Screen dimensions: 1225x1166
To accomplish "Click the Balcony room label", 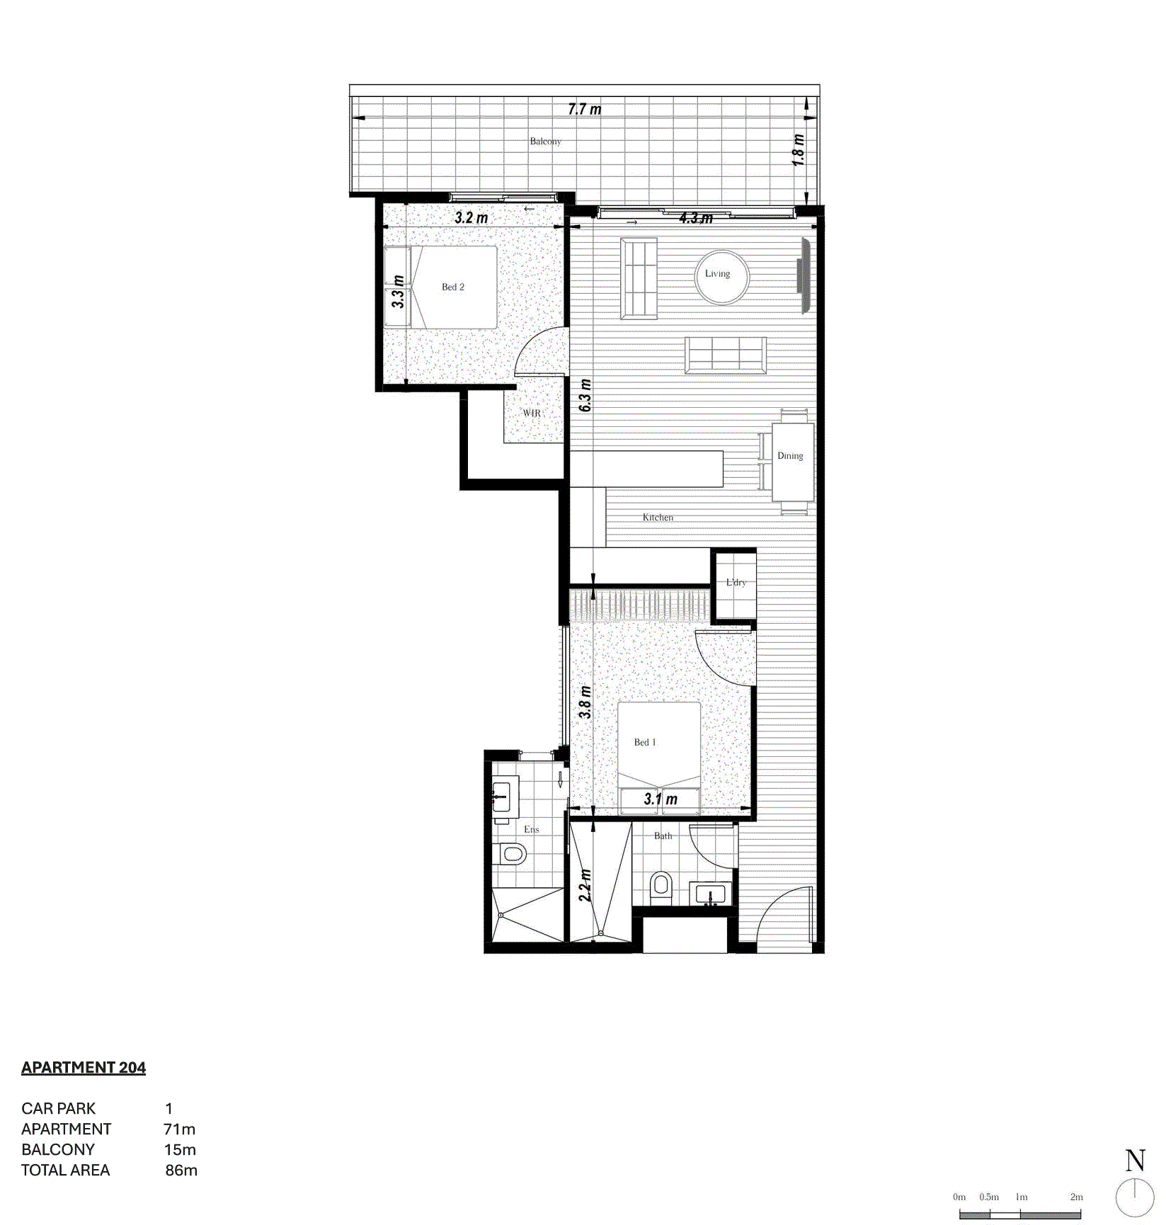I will coord(545,141).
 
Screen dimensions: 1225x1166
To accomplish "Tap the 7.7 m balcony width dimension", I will coord(584,109).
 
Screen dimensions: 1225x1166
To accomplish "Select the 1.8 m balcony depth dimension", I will coord(798,150).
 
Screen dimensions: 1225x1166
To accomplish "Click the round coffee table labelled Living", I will coord(721,277).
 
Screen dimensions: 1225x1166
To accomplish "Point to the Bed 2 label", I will coord(453,287).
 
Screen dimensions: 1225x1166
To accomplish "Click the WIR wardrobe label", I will coord(532,413).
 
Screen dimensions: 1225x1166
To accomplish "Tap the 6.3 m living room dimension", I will coord(585,396).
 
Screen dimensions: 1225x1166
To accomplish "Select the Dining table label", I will coord(790,456).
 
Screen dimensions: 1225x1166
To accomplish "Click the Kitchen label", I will coord(658,518).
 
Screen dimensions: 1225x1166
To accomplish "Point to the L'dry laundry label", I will coord(736,583).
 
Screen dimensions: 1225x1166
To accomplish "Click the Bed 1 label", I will coord(645,742).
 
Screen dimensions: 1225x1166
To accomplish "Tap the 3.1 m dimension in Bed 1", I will coord(661,799).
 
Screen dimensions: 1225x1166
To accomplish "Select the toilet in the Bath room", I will coord(661,885).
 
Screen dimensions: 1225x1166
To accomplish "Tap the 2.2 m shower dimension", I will coord(585,884).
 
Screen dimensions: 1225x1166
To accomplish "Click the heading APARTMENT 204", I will coord(84,1067).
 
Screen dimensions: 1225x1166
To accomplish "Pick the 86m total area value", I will coord(181,1170).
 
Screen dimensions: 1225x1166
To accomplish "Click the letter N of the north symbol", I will coord(1135,1161).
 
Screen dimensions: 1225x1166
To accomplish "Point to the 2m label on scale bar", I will coord(1076,1197).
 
